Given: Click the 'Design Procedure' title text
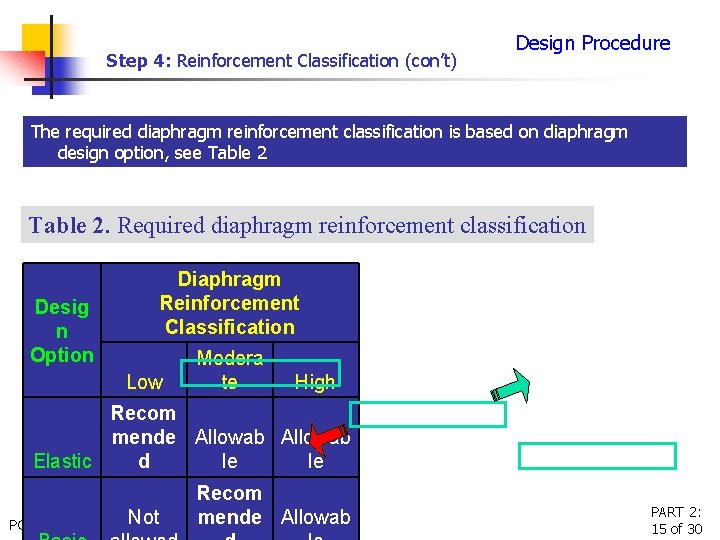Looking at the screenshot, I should coord(592,43).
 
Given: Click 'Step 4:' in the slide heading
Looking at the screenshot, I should coord(140,61).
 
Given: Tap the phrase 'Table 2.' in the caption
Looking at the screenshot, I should coord(70,225).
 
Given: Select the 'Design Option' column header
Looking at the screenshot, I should coord(62,331).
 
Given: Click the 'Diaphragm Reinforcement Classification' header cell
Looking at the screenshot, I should coord(229,303).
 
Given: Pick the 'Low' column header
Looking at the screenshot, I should coord(144,382).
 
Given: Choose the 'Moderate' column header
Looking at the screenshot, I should coord(230,370).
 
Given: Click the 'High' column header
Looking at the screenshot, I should coord(315,382).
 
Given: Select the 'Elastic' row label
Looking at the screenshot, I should coord(62,461).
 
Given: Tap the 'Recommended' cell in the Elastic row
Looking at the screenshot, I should coord(143,437).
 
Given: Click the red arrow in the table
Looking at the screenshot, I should coord(322,440).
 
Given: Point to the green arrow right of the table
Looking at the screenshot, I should coord(509,385).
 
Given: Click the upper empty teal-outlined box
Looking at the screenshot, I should coord(428,414).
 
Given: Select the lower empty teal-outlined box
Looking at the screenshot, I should coord(596,456).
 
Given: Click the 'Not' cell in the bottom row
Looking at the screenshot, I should coord(143,517).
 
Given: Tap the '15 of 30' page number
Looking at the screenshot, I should coord(676,529).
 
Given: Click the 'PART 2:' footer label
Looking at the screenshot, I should coord(676,512).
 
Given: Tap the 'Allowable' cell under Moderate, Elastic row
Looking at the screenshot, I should coord(230,449).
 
